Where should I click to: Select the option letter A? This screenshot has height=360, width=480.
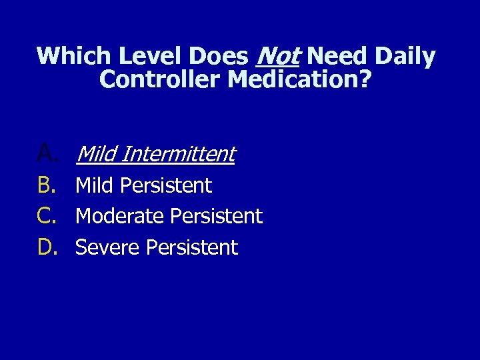coord(48,155)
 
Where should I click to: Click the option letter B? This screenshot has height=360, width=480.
coord(47,185)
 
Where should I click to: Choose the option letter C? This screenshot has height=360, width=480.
coord(47,216)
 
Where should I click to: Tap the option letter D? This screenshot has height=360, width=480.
coord(48,247)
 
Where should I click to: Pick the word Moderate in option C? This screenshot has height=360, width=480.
coord(120,216)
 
